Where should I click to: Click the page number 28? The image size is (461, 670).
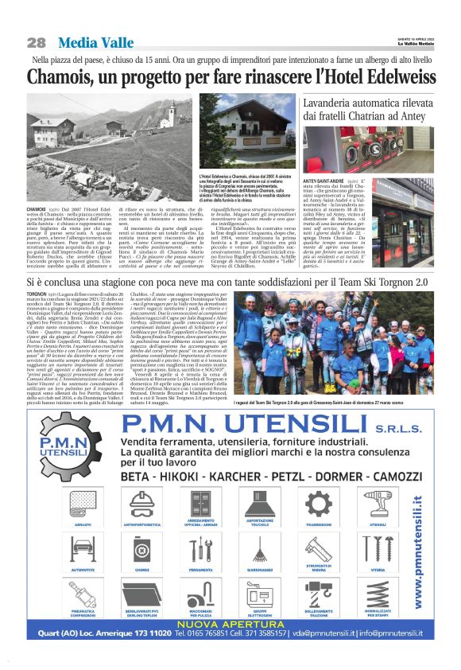(36, 42)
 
